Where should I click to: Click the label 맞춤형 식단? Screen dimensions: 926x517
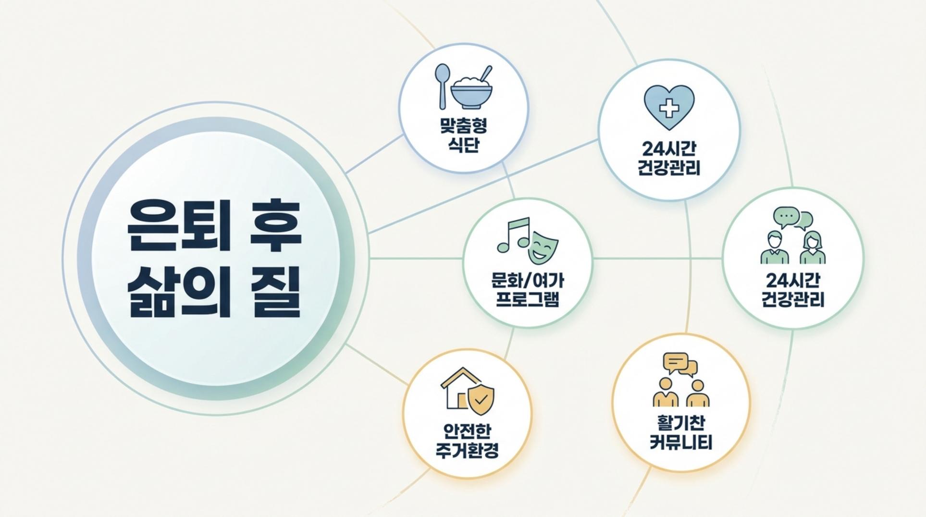coord(463,135)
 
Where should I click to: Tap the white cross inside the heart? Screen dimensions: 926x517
coord(668,108)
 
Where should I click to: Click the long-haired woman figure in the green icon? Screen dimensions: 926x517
coord(812,247)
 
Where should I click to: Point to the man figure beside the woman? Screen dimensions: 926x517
coord(775,247)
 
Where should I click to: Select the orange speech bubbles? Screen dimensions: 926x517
coord(680,364)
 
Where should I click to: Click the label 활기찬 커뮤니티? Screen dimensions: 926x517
coord(680,432)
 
